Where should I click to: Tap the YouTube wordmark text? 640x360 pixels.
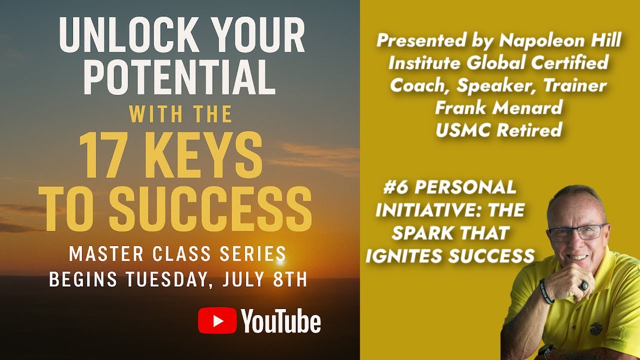281,321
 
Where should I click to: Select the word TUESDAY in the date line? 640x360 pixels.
165,279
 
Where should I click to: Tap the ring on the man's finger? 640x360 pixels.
583,285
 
